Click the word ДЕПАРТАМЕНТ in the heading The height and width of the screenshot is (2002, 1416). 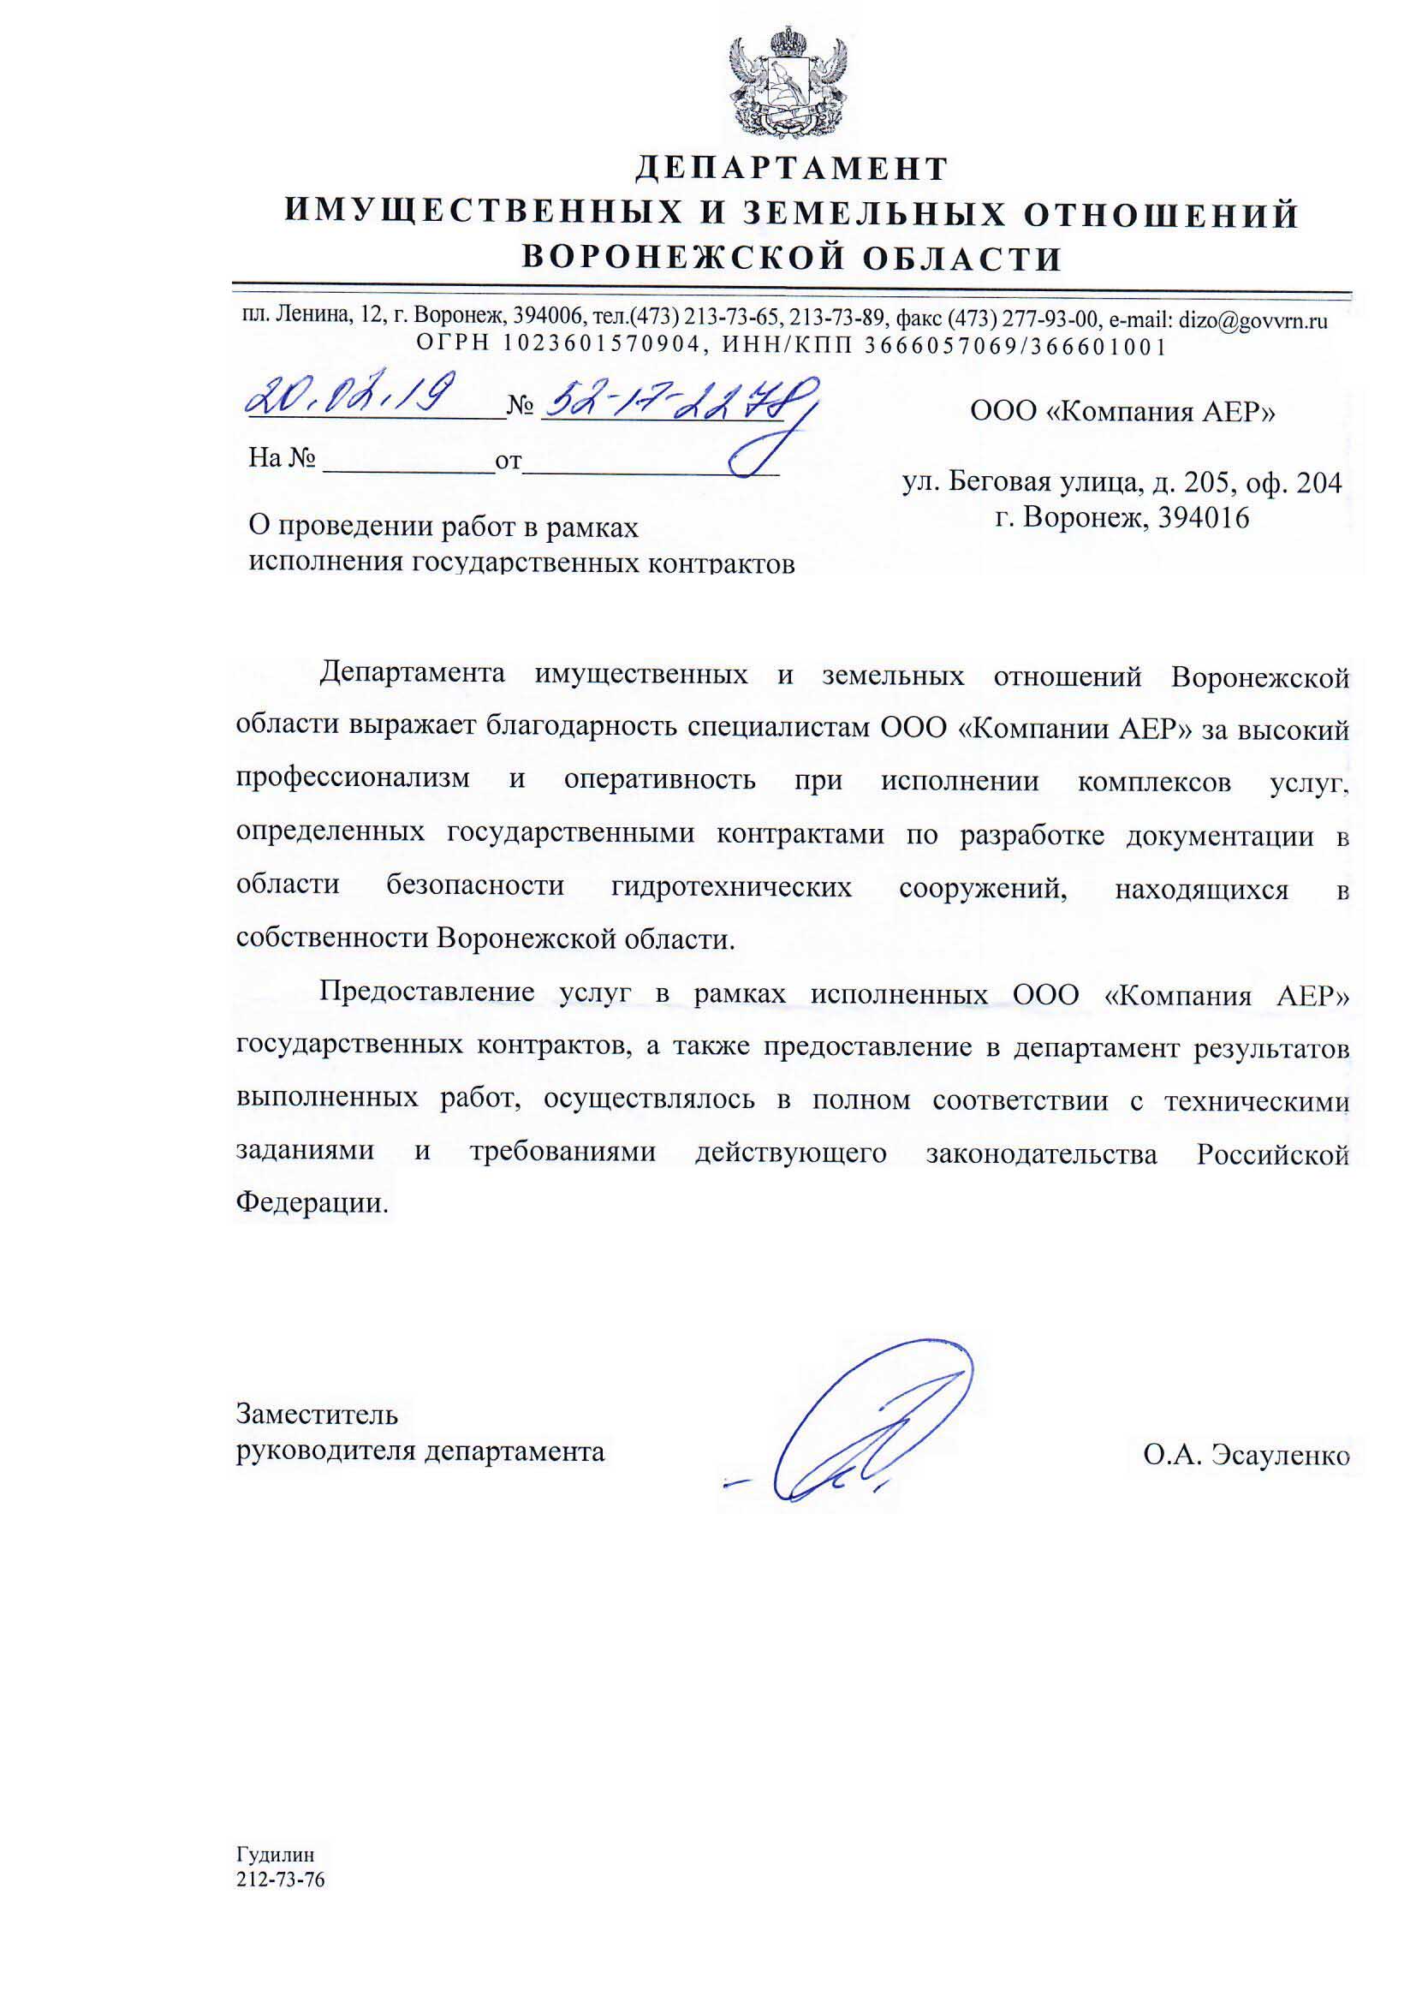tap(791, 169)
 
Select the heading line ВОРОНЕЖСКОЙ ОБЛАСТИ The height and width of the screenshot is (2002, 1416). tap(791, 258)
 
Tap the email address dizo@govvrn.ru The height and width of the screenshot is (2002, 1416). tap(1252, 320)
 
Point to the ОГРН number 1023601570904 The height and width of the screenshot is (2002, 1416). tap(602, 346)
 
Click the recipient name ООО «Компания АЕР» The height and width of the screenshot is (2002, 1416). tap(1122, 411)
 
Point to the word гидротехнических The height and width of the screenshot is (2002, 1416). tap(731, 886)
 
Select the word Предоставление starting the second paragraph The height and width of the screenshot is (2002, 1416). tap(426, 992)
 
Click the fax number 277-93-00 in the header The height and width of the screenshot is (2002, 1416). tap(1059, 320)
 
